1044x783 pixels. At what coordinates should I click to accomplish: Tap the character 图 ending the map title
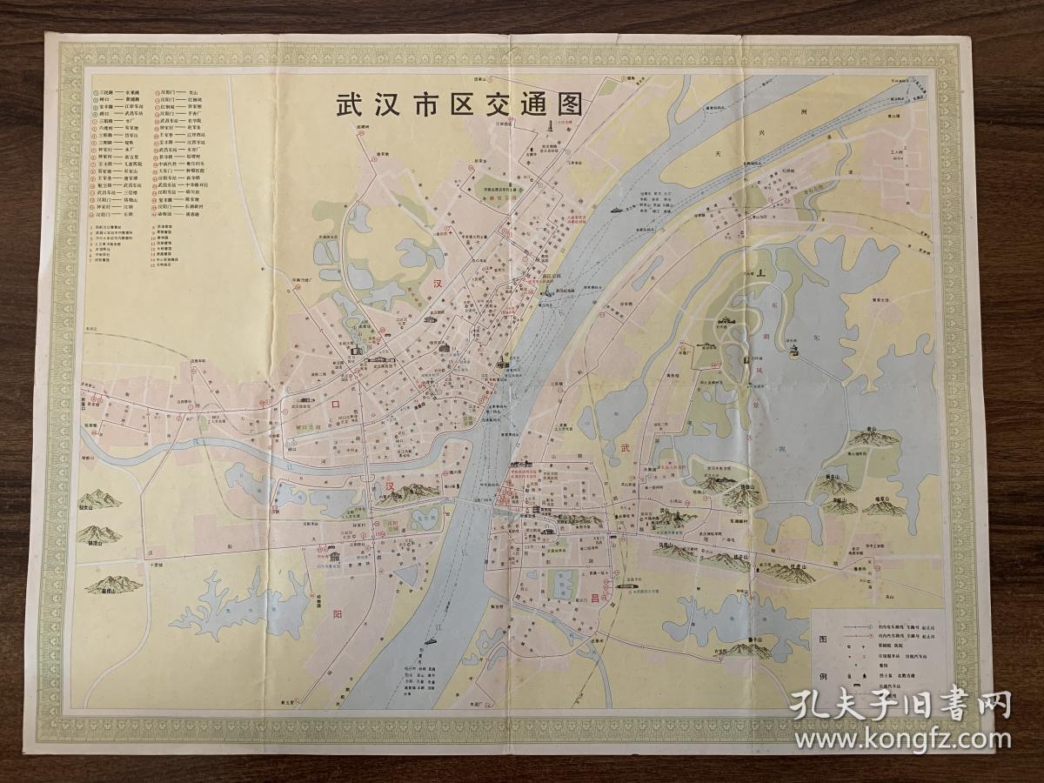click(x=567, y=106)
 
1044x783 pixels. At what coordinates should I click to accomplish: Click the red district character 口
click(x=331, y=405)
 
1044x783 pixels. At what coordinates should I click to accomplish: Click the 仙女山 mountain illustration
click(x=101, y=498)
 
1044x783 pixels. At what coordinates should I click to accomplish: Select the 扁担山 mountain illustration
click(x=110, y=584)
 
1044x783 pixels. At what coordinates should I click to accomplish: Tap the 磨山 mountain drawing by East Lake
click(x=871, y=438)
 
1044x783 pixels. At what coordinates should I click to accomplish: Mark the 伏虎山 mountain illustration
click(x=791, y=572)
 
